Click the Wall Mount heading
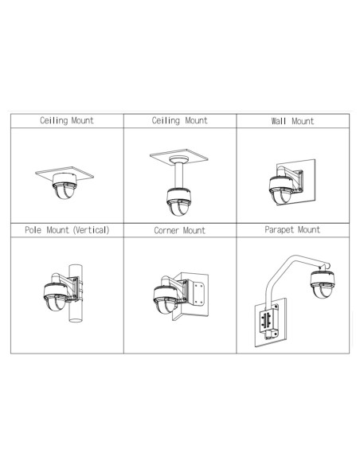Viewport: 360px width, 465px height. coord(292,121)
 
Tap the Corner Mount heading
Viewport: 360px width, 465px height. coord(179,230)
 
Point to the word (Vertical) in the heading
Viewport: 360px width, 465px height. coord(92,230)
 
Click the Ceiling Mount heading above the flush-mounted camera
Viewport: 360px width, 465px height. coord(67,120)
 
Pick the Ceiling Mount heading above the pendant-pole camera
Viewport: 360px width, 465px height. coord(179,120)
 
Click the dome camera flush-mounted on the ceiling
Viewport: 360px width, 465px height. coord(65,186)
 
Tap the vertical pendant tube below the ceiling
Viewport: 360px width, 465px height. coord(178,175)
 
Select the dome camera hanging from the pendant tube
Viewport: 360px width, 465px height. coord(178,201)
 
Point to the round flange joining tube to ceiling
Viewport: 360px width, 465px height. coord(179,159)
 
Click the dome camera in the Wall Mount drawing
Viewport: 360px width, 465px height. coord(281,190)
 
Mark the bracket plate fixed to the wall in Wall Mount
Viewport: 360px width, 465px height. coord(300,182)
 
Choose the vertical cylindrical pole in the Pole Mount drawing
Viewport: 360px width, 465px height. coord(76,293)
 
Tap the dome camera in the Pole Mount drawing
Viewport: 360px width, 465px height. coord(56,296)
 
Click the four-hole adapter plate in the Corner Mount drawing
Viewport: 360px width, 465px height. coord(198,293)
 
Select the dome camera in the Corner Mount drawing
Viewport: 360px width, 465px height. coord(166,299)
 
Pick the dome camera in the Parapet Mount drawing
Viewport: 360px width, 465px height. coord(323,285)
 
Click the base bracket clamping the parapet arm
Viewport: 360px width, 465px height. coord(269,322)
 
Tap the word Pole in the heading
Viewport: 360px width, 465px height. coord(33,230)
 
